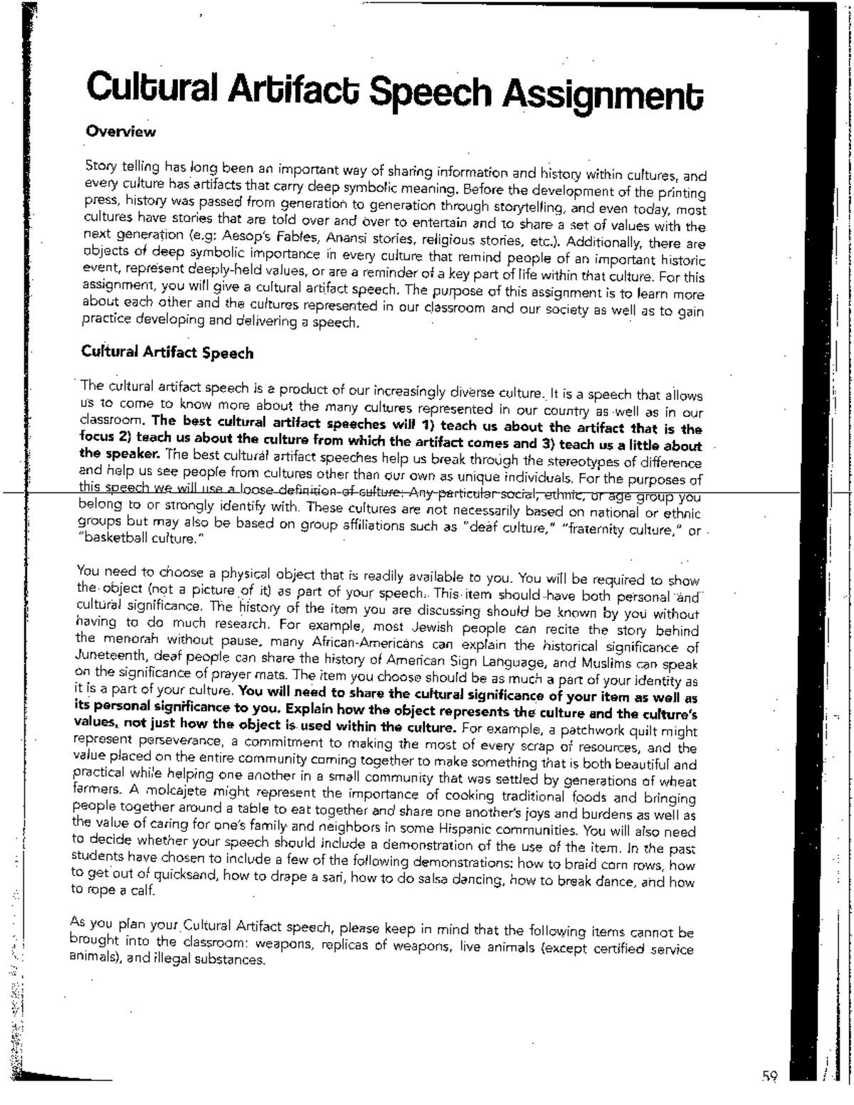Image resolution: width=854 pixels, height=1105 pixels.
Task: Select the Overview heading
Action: [120, 132]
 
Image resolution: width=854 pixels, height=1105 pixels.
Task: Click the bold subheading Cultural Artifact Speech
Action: [167, 352]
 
